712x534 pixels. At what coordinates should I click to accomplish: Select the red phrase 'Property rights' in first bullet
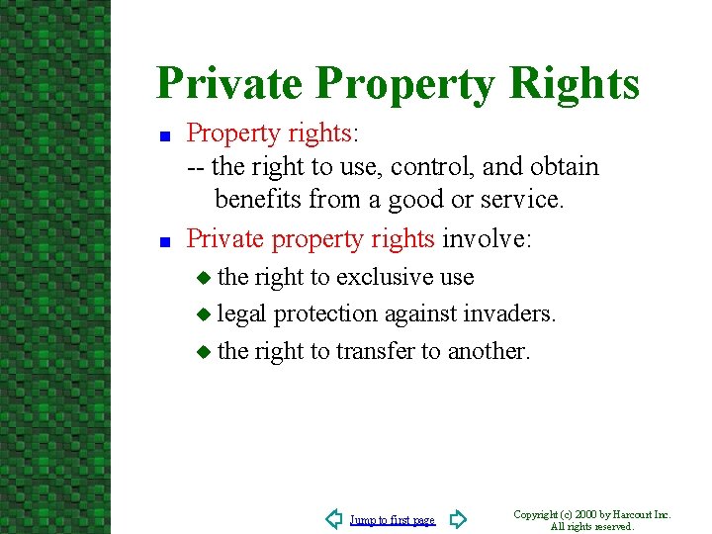tap(269, 133)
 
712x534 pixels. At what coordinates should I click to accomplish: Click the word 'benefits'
tap(258, 199)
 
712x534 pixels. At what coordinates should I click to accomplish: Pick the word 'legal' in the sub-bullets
tap(241, 313)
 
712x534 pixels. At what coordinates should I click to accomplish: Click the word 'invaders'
tap(506, 313)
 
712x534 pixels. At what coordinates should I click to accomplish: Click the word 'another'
tap(489, 350)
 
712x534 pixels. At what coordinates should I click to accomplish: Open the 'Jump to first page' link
tap(392, 520)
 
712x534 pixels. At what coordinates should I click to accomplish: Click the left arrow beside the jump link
tap(334, 519)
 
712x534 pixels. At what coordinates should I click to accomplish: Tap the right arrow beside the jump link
tap(457, 519)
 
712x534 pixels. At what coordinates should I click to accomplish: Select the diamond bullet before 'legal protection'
tap(204, 314)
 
